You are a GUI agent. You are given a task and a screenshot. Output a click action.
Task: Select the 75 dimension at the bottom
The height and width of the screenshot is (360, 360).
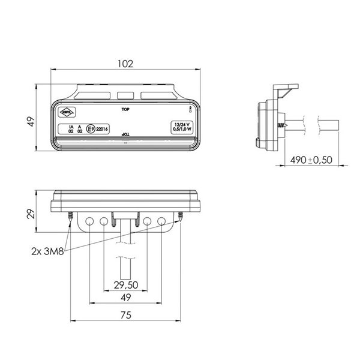[x=125, y=315]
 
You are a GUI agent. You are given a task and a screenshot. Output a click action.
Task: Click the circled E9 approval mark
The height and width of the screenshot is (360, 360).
[x=91, y=128]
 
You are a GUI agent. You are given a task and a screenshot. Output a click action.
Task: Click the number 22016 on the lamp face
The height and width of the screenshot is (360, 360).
[x=102, y=128]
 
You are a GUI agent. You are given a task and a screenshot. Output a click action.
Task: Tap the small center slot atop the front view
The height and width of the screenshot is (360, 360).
[x=125, y=95]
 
